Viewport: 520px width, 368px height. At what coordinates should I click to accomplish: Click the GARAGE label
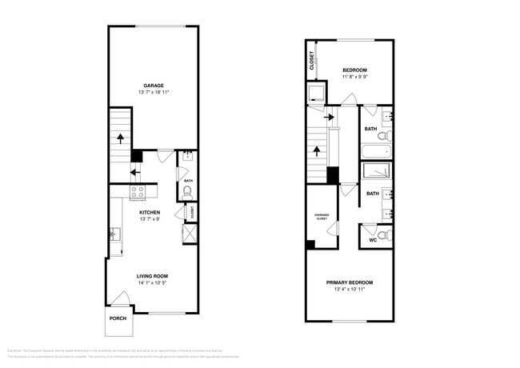click(x=154, y=85)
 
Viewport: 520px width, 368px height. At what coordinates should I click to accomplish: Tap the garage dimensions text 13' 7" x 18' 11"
click(x=154, y=93)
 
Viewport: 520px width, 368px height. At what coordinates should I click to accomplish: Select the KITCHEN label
click(x=150, y=212)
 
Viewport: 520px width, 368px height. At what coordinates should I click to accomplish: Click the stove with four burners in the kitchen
click(x=138, y=192)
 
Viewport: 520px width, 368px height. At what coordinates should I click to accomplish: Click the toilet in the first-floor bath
click(x=186, y=190)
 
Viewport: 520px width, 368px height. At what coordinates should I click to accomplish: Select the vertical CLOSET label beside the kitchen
click(x=193, y=213)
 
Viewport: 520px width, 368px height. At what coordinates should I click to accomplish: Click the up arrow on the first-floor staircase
click(x=120, y=138)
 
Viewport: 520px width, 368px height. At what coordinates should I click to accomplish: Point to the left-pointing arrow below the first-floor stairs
click(x=134, y=170)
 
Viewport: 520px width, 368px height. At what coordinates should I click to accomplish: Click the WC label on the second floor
click(x=372, y=240)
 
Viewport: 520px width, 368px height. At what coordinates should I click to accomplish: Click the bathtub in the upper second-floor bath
click(x=375, y=152)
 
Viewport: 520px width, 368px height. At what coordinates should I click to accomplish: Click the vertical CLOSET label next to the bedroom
click(x=311, y=61)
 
